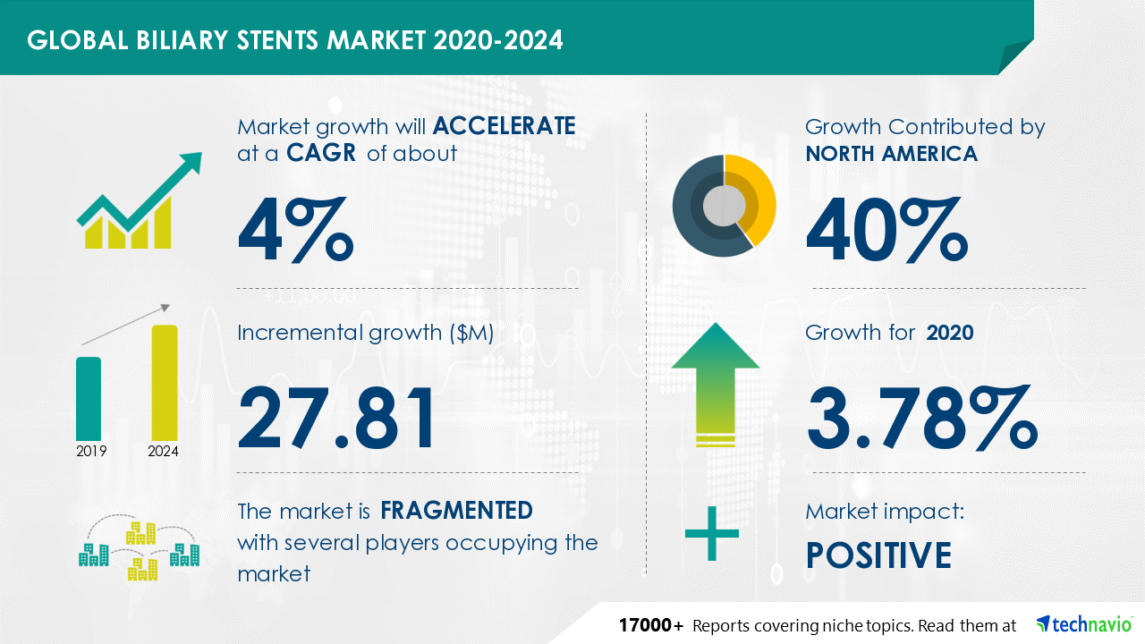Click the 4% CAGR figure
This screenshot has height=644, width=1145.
pyautogui.click(x=295, y=230)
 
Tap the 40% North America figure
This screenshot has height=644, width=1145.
pyautogui.click(x=886, y=230)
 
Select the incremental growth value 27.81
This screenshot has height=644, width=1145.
pyautogui.click(x=336, y=418)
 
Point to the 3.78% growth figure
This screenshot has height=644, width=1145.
pyautogui.click(x=922, y=418)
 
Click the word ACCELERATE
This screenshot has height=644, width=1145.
pyautogui.click(x=504, y=126)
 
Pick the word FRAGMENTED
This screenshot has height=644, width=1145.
pyautogui.click(x=456, y=510)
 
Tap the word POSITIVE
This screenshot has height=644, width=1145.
pyautogui.click(x=878, y=555)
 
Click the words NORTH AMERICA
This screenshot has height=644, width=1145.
pyautogui.click(x=892, y=153)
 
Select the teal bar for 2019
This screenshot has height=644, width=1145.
pyautogui.click(x=89, y=399)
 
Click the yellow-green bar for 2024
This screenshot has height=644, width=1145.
pyautogui.click(x=165, y=383)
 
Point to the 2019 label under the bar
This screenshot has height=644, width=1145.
pyautogui.click(x=91, y=451)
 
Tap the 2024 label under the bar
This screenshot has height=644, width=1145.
pyautogui.click(x=163, y=451)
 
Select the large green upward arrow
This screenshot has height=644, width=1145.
pyautogui.click(x=716, y=385)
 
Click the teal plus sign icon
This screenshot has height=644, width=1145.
pyautogui.click(x=711, y=534)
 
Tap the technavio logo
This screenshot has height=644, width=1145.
pyautogui.click(x=1084, y=624)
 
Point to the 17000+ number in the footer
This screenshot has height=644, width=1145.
pyautogui.click(x=650, y=625)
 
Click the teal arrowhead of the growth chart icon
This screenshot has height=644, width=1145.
pyautogui.click(x=191, y=163)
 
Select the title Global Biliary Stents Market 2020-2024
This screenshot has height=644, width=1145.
pyautogui.click(x=295, y=40)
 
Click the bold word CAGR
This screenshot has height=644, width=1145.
pyautogui.click(x=321, y=153)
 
